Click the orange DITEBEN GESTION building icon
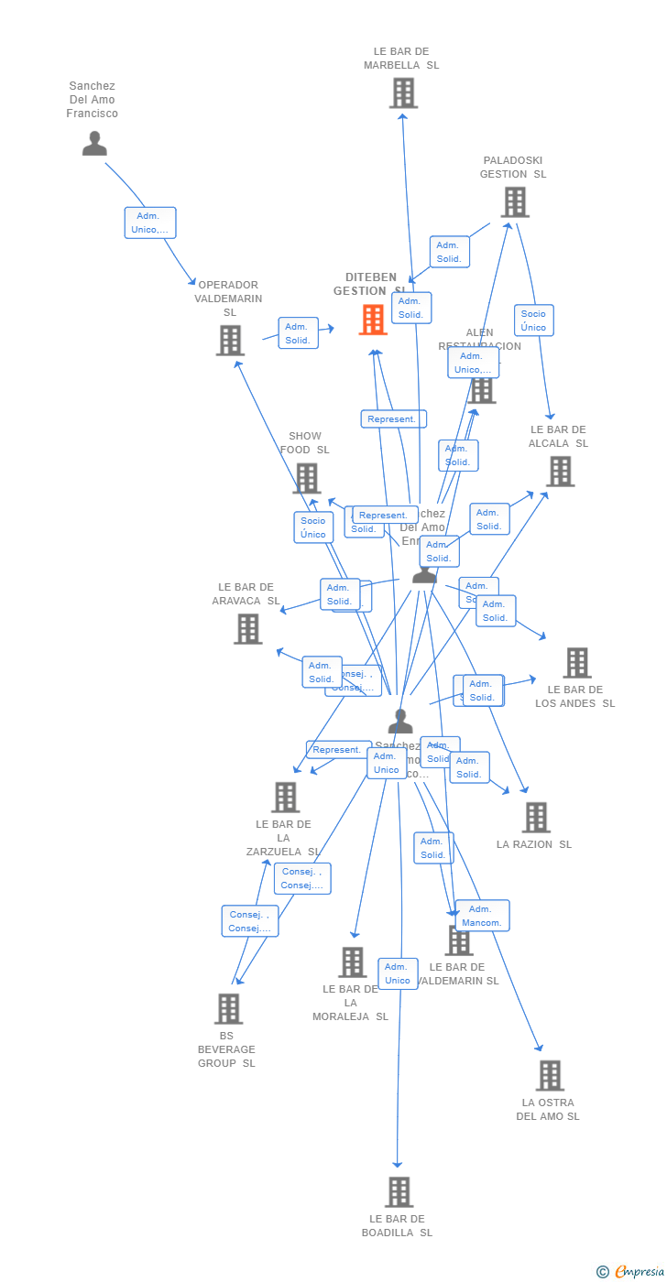pos(373,320)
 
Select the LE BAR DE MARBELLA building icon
pos(403,93)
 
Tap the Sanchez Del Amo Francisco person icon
pos(94,144)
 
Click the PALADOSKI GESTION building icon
pos(515,202)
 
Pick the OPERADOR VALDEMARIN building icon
pos(230,341)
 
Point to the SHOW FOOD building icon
pos(306,478)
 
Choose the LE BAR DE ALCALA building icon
pos(560,472)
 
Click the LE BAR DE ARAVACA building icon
pos(247,629)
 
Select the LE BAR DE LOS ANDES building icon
pos(577,663)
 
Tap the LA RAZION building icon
pos(536,818)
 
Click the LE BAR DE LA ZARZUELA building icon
pos(285,798)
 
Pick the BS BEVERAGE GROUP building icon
pos(228,1009)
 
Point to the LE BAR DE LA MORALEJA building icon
pos(352,962)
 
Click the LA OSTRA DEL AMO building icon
pos(550,1076)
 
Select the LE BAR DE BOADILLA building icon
pos(399,1192)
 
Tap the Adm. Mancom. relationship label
pos(482,916)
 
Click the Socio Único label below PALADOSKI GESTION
pos(533,320)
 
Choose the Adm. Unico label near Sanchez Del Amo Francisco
pos(150,223)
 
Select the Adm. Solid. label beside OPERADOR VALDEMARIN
pos(298,333)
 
